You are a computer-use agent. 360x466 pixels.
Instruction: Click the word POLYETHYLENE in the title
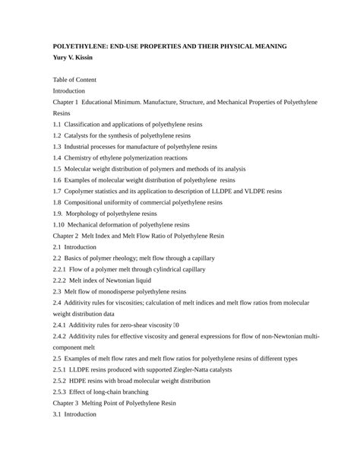(82, 47)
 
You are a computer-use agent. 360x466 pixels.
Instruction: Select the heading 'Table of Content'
(74, 80)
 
